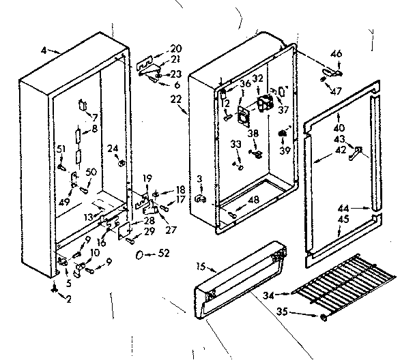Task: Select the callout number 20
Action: pos(177,49)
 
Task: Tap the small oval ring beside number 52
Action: pos(141,254)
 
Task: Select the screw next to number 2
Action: pos(53,288)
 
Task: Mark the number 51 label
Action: pos(61,149)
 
